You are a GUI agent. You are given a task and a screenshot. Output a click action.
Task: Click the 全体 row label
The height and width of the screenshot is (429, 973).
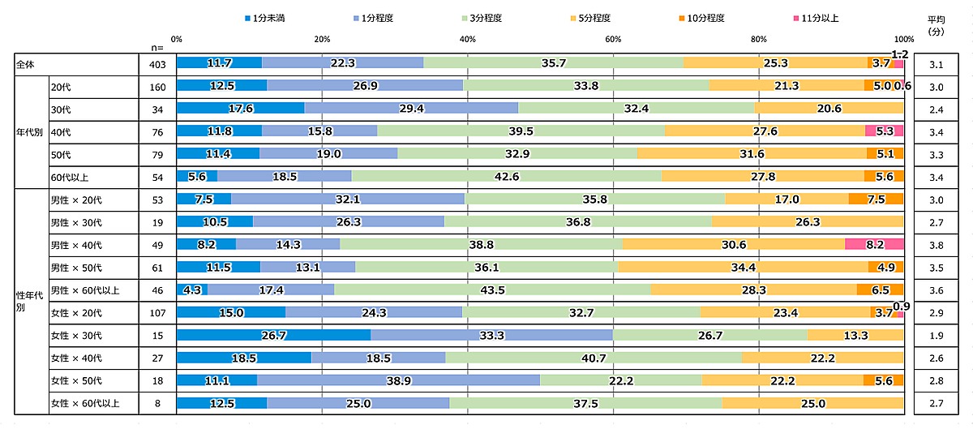coord(28,62)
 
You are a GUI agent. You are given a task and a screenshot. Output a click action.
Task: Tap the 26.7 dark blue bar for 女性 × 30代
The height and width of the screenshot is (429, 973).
coord(273,335)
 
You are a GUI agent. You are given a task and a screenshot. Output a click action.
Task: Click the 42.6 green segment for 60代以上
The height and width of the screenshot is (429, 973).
coord(506,176)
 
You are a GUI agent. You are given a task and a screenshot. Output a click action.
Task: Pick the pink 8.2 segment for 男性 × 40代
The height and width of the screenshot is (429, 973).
coord(873,244)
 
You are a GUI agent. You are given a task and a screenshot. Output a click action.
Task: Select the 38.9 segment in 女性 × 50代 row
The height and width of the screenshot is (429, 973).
coord(398,380)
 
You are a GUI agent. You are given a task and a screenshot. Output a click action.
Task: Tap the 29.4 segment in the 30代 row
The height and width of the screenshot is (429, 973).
coord(411,108)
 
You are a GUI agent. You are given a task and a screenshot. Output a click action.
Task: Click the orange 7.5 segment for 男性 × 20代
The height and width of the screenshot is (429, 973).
coord(875,199)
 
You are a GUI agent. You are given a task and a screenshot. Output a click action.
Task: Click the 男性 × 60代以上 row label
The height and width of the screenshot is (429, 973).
coord(85,290)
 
